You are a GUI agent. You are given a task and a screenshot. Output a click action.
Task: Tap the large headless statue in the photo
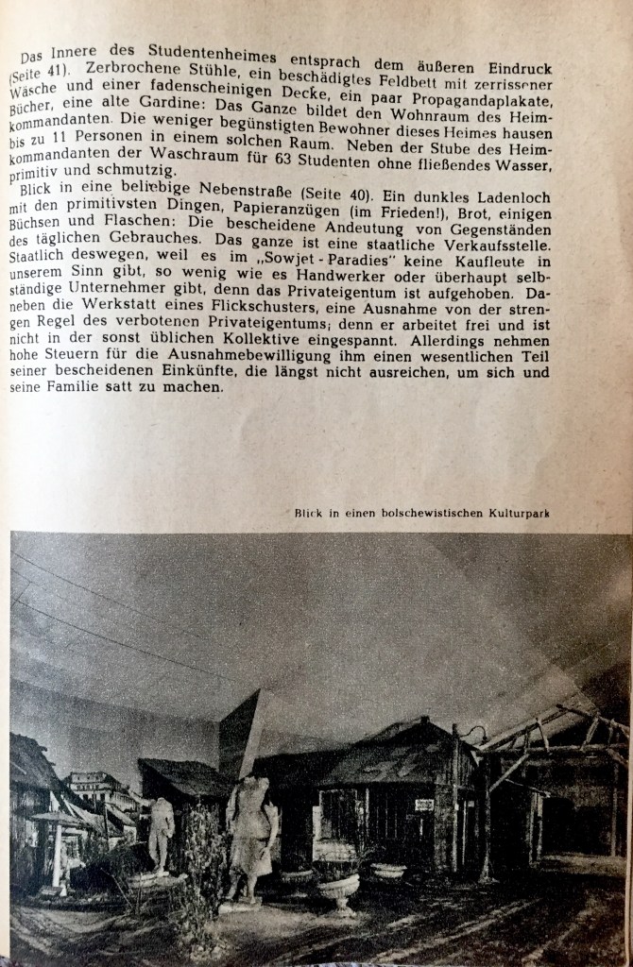click(x=250, y=832)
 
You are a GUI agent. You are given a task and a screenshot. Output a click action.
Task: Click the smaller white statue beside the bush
click(x=161, y=831)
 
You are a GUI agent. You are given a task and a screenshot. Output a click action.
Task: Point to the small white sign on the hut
click(x=424, y=804)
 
